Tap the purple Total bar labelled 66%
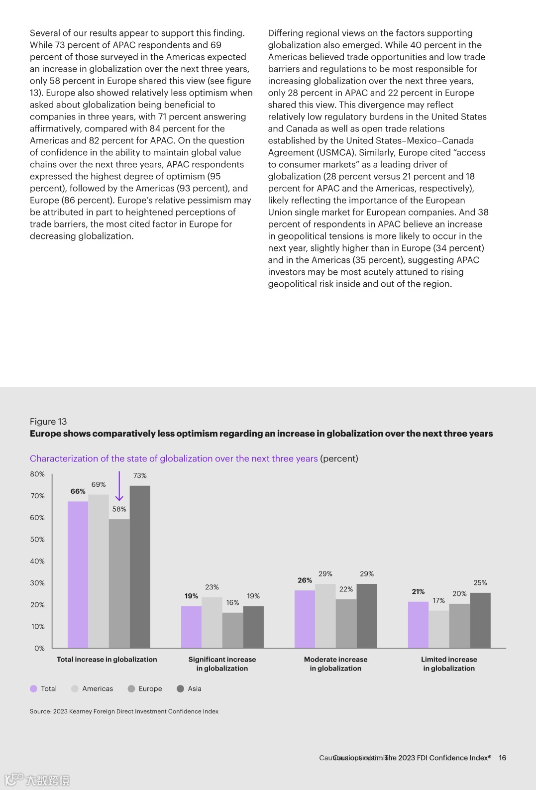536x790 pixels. coord(78,574)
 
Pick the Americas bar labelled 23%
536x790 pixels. coord(212,622)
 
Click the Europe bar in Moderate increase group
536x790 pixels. coord(346,623)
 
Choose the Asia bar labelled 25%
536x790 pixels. coord(480,620)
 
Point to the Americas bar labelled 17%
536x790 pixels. coord(438,629)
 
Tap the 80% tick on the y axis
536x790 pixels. coord(37,474)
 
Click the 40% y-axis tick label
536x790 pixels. coord(37,561)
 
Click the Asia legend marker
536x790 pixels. coord(181,688)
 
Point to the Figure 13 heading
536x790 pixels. coord(48,421)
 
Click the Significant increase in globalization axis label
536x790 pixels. coord(222,664)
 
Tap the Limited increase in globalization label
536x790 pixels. coord(449,664)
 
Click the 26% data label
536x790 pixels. coord(305,580)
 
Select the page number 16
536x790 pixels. coord(502,758)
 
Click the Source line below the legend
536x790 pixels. coord(124,711)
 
